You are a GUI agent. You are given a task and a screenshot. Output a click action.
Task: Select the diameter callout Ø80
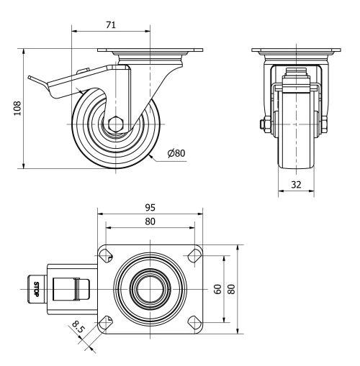pos(177,153)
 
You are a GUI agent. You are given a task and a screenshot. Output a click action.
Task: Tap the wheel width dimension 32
pos(296,184)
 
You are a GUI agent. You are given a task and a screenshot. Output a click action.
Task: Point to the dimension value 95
pos(149,208)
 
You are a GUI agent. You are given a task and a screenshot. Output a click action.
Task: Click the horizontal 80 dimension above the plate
pos(149,221)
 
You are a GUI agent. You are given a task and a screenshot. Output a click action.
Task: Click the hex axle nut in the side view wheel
pos(115,123)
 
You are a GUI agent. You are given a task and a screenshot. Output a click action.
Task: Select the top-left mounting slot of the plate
pos(105,254)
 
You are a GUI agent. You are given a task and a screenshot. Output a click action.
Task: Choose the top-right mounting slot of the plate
pos(193,254)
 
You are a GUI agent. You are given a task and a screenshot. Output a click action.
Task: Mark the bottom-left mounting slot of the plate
pos(105,323)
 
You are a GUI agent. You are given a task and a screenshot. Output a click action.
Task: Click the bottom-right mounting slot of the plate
pos(193,323)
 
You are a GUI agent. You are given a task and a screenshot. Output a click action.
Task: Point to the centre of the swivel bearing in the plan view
pos(149,289)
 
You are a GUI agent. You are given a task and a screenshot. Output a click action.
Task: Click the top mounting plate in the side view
pos(151,51)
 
